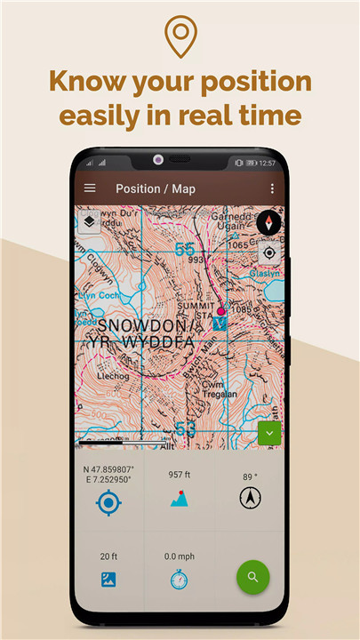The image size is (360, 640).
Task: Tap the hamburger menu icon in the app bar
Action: [x=90, y=188]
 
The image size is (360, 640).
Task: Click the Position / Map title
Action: [x=155, y=188]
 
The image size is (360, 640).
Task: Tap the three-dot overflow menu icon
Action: [x=272, y=188]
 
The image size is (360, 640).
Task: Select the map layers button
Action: [x=90, y=222]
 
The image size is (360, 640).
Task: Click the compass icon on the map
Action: [x=269, y=223]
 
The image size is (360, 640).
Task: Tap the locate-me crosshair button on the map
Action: [x=269, y=252]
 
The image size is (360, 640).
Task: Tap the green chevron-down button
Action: [x=269, y=434]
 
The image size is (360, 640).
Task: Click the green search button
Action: [x=253, y=577]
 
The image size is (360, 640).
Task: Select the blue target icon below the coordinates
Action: [x=108, y=502]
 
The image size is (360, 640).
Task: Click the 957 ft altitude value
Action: [x=180, y=475]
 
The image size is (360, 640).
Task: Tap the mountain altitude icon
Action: [x=180, y=499]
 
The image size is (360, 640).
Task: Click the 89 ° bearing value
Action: [x=250, y=476]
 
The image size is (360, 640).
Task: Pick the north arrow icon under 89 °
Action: [x=250, y=499]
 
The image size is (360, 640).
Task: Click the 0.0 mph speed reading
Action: [x=180, y=556]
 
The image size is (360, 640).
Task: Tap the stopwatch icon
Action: [x=180, y=580]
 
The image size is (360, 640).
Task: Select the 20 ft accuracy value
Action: [x=108, y=556]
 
